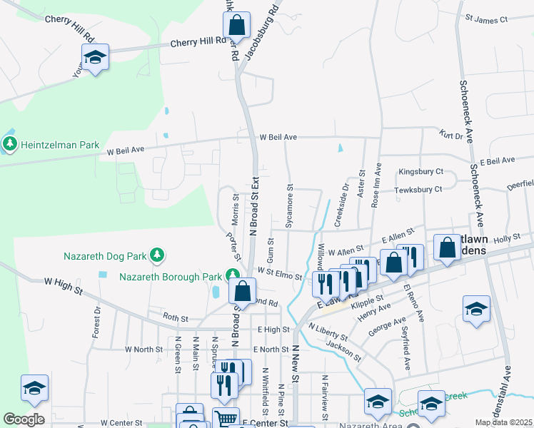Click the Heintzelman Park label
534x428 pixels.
60,145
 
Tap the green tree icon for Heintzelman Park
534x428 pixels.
10,145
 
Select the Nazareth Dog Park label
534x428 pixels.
104,255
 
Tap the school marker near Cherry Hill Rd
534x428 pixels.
94,57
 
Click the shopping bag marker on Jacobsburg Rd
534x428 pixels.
236,26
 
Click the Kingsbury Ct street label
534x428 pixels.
421,172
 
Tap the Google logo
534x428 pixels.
24,419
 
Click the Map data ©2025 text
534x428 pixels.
503,422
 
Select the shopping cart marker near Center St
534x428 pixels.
226,419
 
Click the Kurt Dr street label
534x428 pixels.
451,134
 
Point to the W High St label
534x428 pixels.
64,287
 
